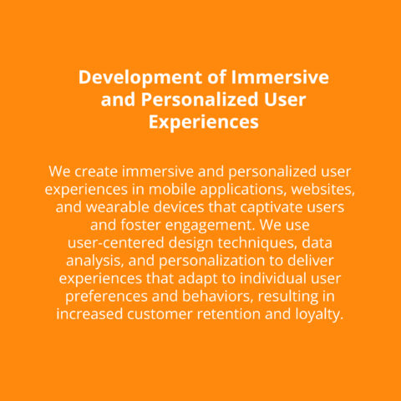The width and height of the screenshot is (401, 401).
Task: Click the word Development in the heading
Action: point(140,78)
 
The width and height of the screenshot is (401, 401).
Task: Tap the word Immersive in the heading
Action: point(280,77)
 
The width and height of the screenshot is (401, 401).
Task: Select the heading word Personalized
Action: point(200,99)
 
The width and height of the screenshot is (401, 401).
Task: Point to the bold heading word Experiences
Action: point(204,123)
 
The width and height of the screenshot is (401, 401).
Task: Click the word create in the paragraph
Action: point(96,171)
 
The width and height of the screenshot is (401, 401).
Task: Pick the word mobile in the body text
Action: point(172,190)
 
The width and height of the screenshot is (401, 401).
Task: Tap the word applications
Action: point(244,190)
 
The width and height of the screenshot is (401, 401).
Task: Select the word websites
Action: point(323,190)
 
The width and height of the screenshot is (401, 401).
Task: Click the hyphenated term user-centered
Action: point(116,243)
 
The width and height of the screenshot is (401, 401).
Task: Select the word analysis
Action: point(95,261)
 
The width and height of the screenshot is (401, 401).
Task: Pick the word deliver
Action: point(310,261)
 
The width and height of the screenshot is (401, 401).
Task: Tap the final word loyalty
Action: point(319,315)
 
